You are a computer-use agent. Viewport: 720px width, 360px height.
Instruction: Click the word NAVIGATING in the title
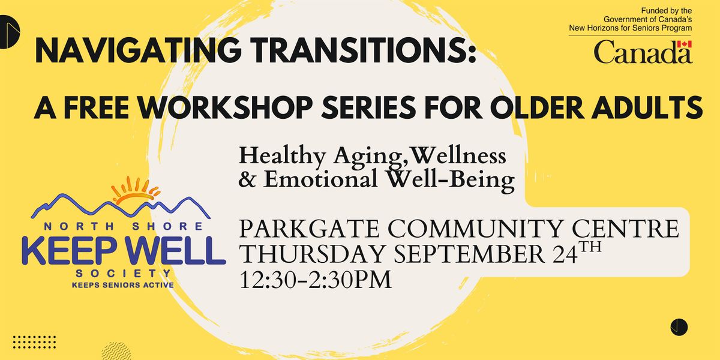point(138,50)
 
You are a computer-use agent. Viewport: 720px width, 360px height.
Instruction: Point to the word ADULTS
point(647,107)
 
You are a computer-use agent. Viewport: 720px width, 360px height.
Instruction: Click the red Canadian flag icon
point(684,44)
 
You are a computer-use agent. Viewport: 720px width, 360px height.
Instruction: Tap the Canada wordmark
point(643,52)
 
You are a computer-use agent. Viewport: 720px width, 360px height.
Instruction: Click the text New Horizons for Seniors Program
point(631,28)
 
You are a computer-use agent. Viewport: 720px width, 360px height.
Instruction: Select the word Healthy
point(282,157)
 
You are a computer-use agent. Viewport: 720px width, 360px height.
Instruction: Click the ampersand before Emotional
point(247,179)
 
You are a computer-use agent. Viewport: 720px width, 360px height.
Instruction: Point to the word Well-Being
point(451,181)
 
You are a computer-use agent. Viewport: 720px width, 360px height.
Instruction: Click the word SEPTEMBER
point(469,254)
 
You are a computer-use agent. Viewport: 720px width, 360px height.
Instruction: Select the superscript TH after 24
point(590,247)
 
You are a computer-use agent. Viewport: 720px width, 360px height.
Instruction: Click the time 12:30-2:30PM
point(316,280)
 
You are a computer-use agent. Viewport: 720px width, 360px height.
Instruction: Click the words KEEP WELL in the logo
point(124,251)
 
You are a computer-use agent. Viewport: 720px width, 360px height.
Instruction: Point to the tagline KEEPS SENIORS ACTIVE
point(123,285)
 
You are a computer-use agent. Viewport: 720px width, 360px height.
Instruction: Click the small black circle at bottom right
point(679,327)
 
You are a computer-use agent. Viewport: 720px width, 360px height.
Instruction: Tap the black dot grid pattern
point(34,342)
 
